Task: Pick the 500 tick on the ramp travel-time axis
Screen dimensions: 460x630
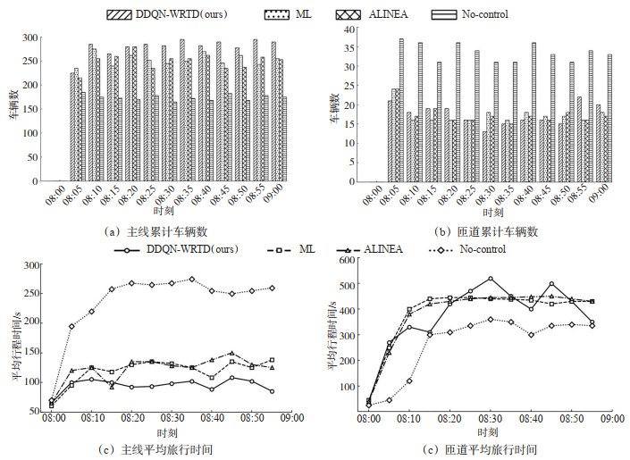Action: [x=352, y=287]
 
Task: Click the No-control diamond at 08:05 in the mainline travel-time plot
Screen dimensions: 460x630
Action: [x=72, y=326]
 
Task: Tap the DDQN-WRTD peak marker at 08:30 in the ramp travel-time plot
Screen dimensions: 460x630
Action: [x=491, y=279]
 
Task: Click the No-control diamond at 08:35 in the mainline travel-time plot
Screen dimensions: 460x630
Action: [x=191, y=279]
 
